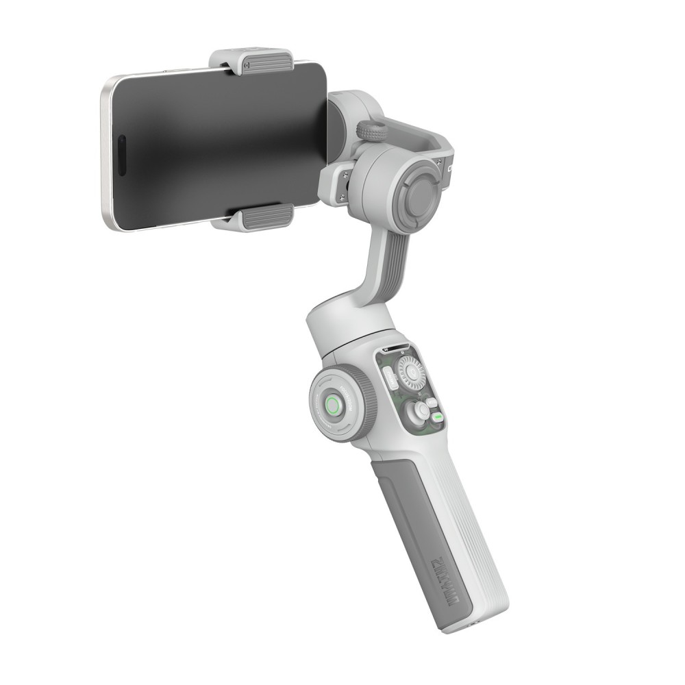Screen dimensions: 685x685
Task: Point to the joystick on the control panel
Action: [417, 412]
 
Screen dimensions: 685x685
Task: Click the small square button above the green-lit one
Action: [431, 401]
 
